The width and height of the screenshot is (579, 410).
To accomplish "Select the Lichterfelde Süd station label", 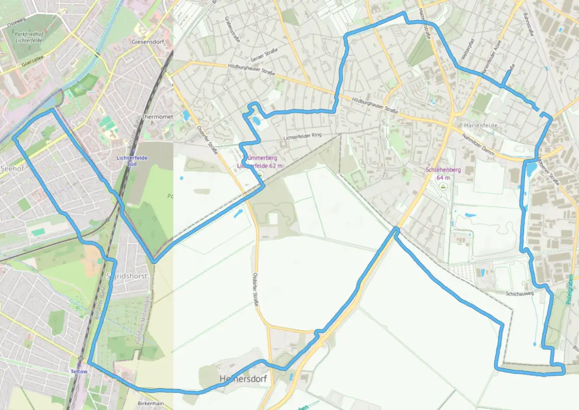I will click(x=132, y=161).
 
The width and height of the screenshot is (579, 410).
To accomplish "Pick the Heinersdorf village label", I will click(x=243, y=379).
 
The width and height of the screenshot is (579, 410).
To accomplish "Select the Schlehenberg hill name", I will click(x=443, y=170).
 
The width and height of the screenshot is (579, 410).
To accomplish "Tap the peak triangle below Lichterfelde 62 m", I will click(x=260, y=174).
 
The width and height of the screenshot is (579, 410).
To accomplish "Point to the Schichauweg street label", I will click(x=519, y=293).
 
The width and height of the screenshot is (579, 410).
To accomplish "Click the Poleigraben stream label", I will click(x=570, y=294).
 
